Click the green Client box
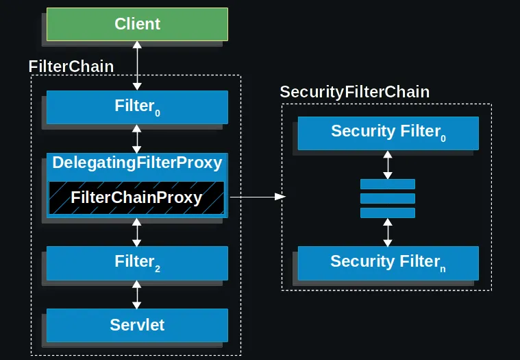pyautogui.click(x=137, y=24)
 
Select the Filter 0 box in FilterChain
pyautogui.click(x=137, y=106)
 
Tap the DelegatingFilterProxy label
pyautogui.click(x=137, y=163)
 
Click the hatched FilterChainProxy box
pyautogui.click(x=137, y=197)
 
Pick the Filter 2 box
pyautogui.click(x=137, y=261)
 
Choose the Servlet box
pyautogui.click(x=137, y=324)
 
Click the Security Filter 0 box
pyautogui.click(x=388, y=132)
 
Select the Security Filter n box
pyautogui.click(x=388, y=261)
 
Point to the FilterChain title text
pyautogui.click(x=71, y=67)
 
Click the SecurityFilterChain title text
pyautogui.click(x=354, y=92)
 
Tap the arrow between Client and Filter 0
pyautogui.click(x=137, y=65)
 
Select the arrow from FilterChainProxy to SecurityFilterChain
pyautogui.click(x=257, y=197)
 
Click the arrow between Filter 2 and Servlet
pyautogui.click(x=137, y=293)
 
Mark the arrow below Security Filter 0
pyautogui.click(x=388, y=165)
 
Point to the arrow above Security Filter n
pyautogui.click(x=388, y=232)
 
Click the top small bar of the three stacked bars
pyautogui.click(x=388, y=184)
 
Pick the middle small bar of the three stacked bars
pyautogui.click(x=388, y=198)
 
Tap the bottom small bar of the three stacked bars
pyautogui.click(x=388, y=213)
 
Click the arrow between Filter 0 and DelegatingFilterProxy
pyautogui.click(x=137, y=139)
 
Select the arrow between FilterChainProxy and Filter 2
pyautogui.click(x=137, y=232)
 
